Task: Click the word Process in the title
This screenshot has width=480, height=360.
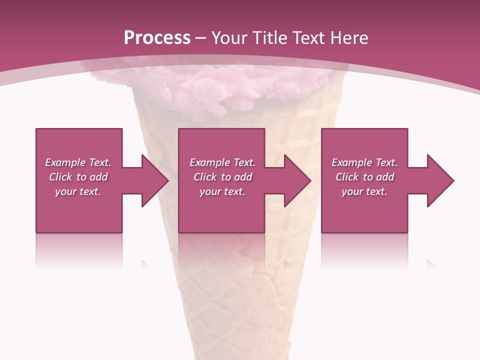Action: (157, 38)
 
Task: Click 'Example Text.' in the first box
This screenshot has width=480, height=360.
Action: (78, 162)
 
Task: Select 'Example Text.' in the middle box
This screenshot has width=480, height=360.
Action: (222, 162)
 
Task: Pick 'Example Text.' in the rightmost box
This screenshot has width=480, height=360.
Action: (364, 162)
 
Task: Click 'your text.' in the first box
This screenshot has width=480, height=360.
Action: (78, 191)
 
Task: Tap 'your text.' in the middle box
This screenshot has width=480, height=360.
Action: (222, 191)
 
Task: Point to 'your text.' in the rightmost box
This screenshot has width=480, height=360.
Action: (364, 191)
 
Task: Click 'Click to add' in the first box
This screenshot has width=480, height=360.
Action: (78, 177)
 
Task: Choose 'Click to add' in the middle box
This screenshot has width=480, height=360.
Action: (222, 177)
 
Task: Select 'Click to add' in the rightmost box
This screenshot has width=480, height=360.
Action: (364, 177)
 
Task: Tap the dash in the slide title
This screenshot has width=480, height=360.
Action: (201, 38)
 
